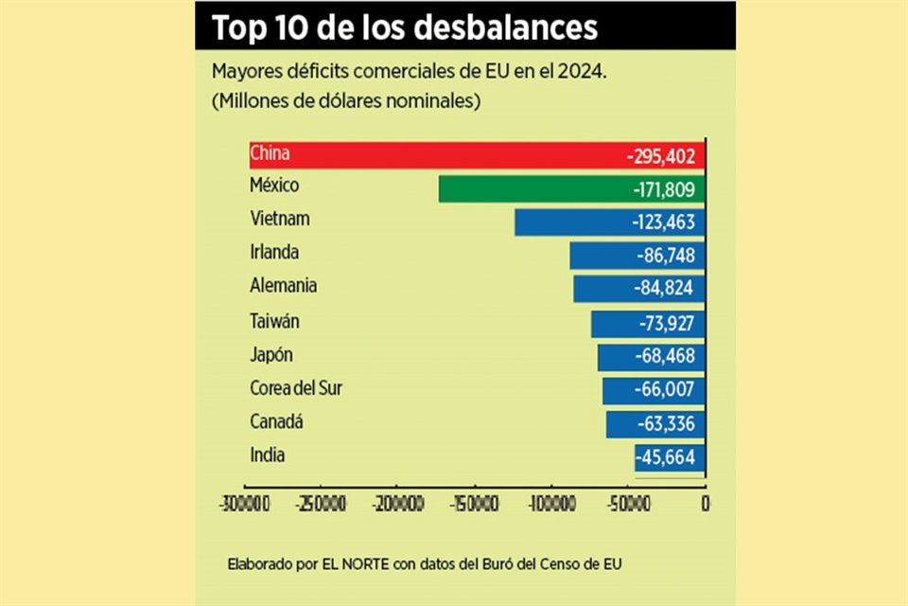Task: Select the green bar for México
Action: (x=530, y=189)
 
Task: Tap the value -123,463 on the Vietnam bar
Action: (x=663, y=223)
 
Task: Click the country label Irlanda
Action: (x=274, y=253)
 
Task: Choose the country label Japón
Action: (x=271, y=355)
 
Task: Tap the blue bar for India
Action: (x=653, y=458)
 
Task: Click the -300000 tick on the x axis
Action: (x=244, y=503)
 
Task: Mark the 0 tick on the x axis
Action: (x=705, y=503)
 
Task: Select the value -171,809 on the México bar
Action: (x=663, y=190)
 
